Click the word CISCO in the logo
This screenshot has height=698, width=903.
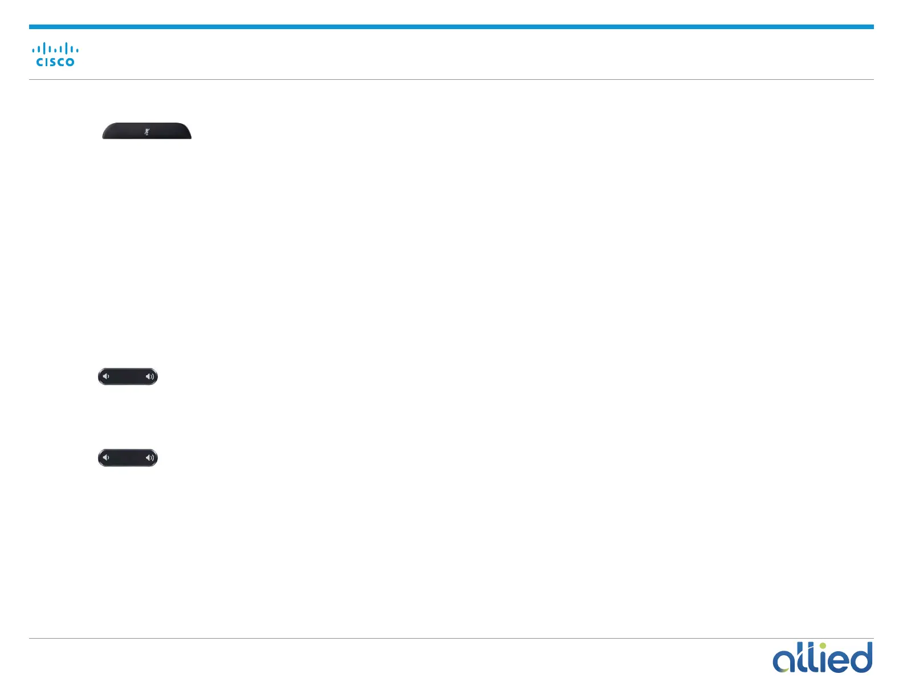[55, 62]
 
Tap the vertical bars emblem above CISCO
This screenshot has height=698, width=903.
[55, 48]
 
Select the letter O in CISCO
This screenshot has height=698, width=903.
[70, 62]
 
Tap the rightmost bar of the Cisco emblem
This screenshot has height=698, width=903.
[77, 50]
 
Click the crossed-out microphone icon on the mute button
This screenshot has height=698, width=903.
[147, 132]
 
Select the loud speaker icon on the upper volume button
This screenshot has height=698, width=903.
[150, 376]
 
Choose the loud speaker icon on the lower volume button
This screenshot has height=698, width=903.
[150, 457]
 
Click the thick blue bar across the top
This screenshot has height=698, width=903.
[451, 27]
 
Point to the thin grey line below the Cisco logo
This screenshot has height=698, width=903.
[451, 79]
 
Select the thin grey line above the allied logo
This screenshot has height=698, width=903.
[451, 638]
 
